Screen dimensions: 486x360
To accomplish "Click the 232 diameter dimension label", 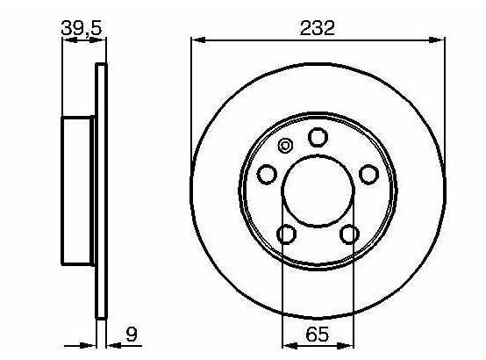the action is [317, 28].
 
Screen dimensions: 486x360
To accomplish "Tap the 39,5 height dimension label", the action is [82, 28].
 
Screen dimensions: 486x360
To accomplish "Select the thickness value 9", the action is [132, 335].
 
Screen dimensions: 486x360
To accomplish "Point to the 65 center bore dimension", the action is [317, 335].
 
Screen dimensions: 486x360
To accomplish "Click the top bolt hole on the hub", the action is [318, 137].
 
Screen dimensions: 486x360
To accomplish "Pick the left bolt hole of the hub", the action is [267, 175].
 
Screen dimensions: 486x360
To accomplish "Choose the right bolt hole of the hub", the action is [368, 175].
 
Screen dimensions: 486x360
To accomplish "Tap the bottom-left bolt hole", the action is [286, 234].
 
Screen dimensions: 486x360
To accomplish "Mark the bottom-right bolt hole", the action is [350, 234].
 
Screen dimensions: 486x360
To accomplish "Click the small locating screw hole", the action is [285, 145].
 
